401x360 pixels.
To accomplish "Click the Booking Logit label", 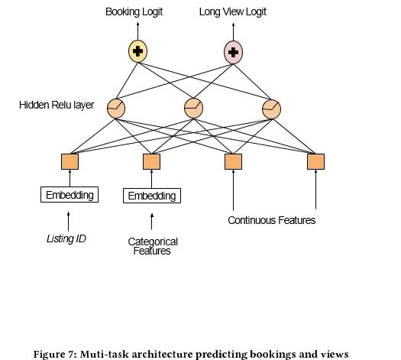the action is click(134, 12).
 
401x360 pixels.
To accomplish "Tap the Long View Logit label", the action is click(233, 12).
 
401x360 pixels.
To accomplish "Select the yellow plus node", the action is click(137, 51).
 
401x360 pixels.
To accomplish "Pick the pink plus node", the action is click(233, 52).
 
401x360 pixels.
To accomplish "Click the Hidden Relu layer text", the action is click(57, 105).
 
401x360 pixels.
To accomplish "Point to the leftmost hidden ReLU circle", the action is click(116, 109).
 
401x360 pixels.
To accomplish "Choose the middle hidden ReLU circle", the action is click(193, 109).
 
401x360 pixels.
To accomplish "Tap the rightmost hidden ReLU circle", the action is click(272, 109).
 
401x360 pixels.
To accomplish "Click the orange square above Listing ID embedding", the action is click(70, 161).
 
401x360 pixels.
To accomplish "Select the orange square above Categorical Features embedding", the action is click(152, 161).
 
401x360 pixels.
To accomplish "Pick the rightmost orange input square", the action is click(316, 161).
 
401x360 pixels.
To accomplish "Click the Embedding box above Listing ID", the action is click(70, 195).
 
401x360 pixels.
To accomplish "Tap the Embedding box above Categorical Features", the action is click(152, 196).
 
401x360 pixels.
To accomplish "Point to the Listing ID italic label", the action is click(66, 238).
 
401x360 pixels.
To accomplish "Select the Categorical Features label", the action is click(153, 246).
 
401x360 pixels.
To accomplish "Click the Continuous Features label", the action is click(272, 220).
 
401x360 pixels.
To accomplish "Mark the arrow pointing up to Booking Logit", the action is click(137, 31).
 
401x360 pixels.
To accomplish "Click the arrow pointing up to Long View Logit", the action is click(233, 32).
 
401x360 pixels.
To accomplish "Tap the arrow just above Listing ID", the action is click(68, 222).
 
